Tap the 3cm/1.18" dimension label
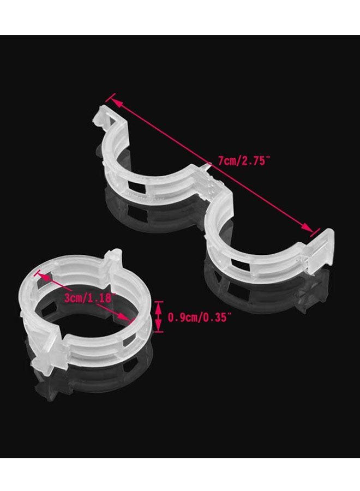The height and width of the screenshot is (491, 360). (88, 297)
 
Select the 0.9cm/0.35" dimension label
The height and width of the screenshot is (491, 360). (200, 318)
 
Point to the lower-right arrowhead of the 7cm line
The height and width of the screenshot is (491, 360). (307, 227)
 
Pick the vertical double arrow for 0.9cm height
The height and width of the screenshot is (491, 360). (159, 316)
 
